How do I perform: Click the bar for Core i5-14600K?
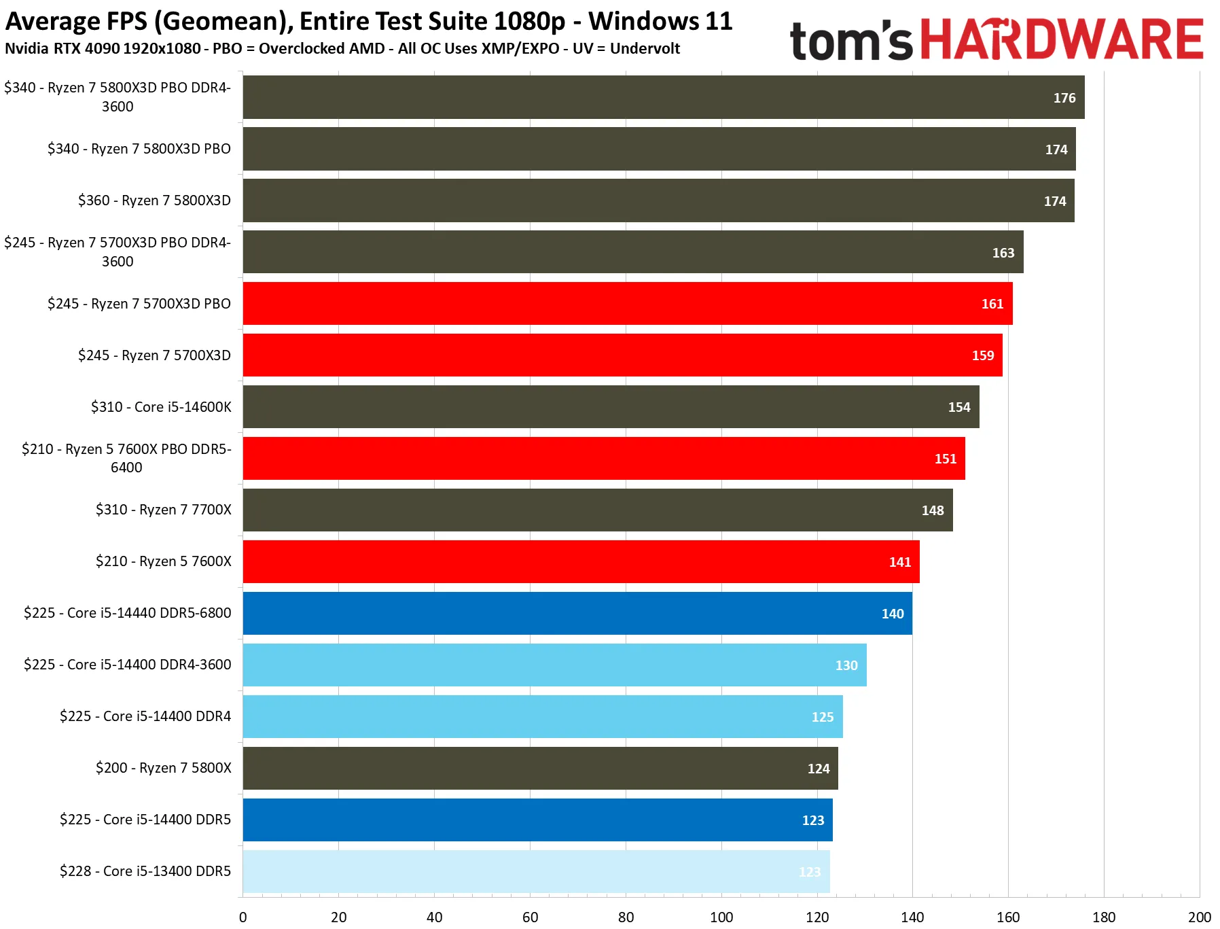(x=611, y=406)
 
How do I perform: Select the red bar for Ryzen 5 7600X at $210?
(x=581, y=561)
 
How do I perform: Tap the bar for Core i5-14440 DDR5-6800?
(x=577, y=613)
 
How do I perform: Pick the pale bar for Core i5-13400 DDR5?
(x=536, y=871)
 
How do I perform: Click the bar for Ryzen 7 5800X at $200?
(x=540, y=768)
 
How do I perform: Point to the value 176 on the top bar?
(x=1064, y=98)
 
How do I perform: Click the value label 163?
(x=1003, y=253)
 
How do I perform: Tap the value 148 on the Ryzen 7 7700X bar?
(x=933, y=510)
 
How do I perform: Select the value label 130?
(x=846, y=665)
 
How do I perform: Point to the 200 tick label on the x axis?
(x=1200, y=917)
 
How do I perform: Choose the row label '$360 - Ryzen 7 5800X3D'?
(x=154, y=200)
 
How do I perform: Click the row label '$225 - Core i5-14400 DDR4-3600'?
(x=128, y=665)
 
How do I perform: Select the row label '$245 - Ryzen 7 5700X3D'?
(x=154, y=355)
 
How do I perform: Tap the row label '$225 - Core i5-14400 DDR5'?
(x=145, y=820)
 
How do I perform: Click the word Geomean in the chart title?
(x=221, y=22)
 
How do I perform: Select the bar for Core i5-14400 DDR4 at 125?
(x=543, y=716)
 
